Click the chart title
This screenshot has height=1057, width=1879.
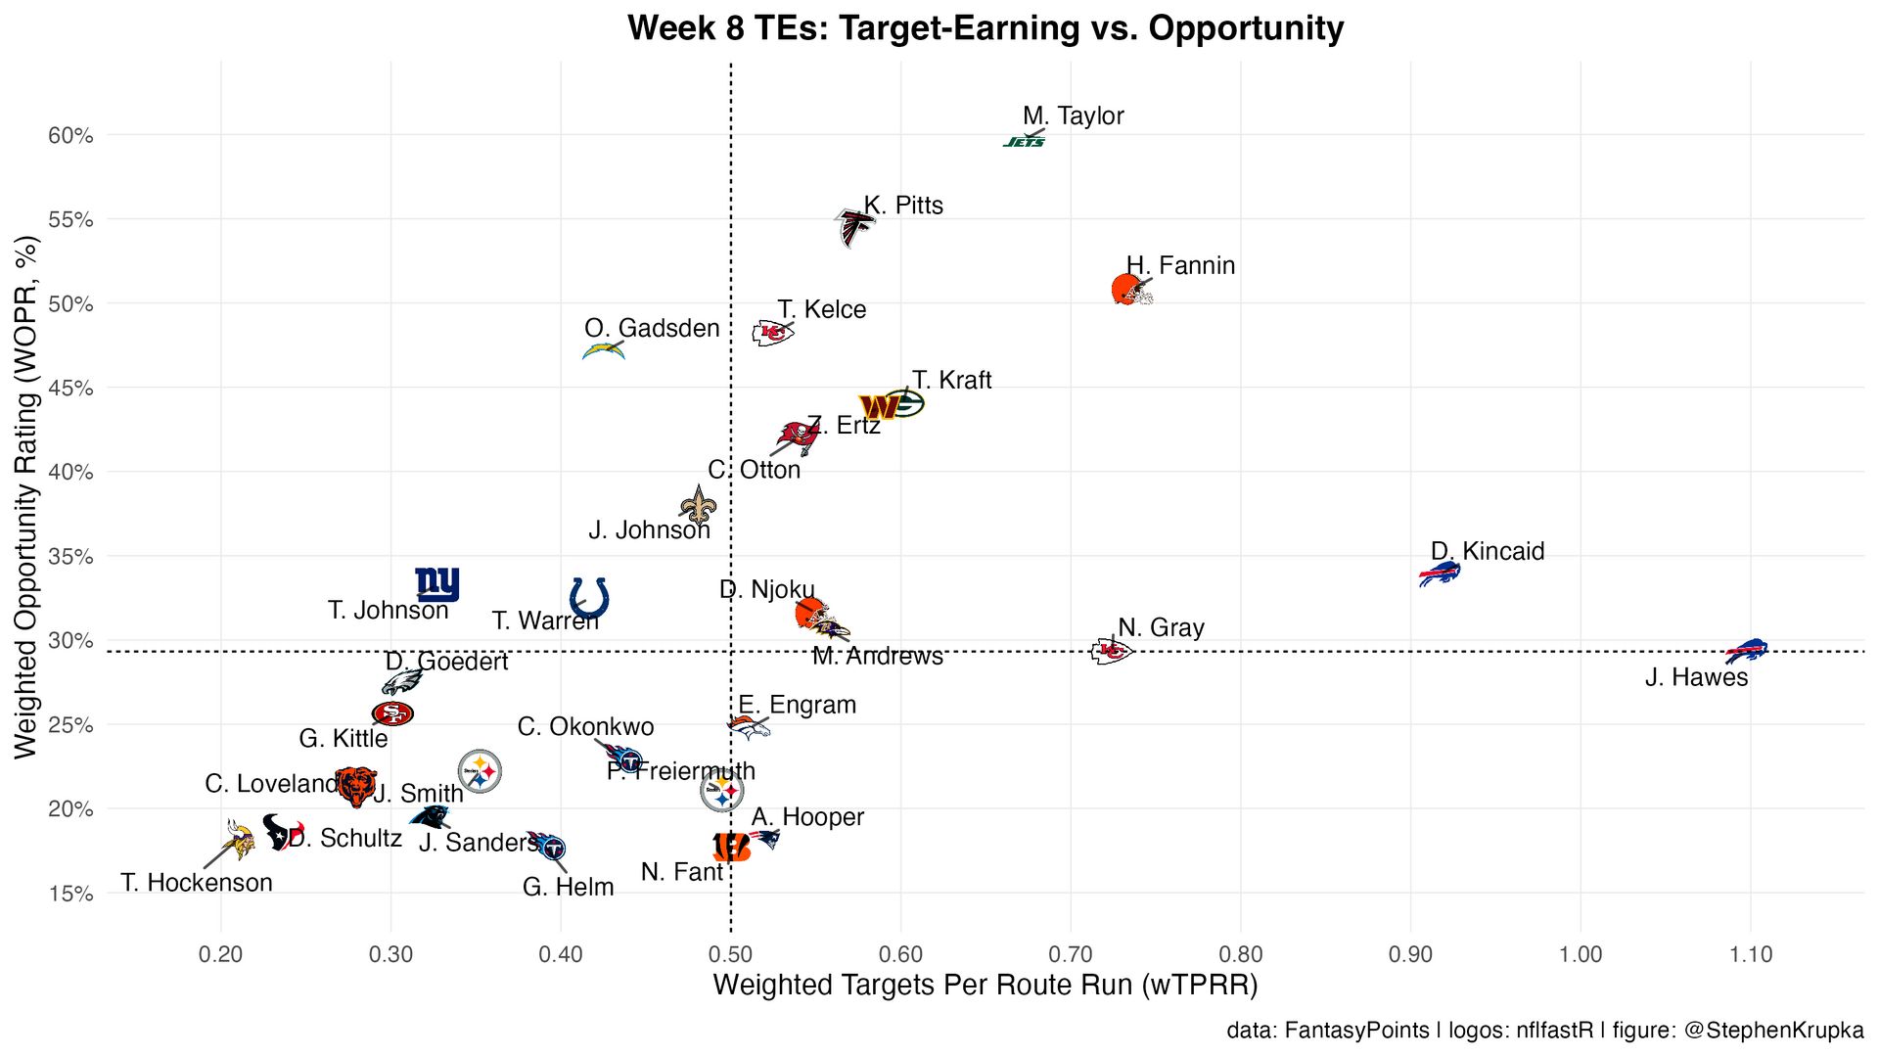(x=985, y=28)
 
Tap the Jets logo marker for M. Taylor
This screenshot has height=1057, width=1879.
(x=1024, y=142)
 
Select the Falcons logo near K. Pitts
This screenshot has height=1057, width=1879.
(x=853, y=228)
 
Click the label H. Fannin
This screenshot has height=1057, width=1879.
(x=1180, y=265)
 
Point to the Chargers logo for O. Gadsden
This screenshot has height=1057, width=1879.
(x=603, y=350)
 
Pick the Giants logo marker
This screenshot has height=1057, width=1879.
(x=436, y=584)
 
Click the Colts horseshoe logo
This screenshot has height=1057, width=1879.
(x=589, y=597)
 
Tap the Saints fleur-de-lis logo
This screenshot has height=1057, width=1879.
(x=698, y=506)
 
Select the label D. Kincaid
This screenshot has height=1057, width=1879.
(x=1488, y=551)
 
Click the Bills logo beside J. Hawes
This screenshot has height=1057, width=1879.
(x=1745, y=650)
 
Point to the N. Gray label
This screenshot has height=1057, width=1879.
(x=1161, y=627)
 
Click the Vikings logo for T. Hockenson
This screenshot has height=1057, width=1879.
(x=237, y=839)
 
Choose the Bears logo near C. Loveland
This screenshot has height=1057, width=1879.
(x=356, y=785)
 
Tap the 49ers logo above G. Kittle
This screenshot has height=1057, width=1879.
(x=392, y=713)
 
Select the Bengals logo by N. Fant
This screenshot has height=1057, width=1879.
(x=731, y=847)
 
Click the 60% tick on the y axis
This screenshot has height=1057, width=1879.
(x=70, y=135)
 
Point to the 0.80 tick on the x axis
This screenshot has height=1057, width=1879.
(x=1240, y=954)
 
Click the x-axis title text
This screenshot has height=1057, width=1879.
(x=985, y=985)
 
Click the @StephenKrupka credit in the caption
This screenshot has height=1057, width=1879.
(x=1772, y=1030)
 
